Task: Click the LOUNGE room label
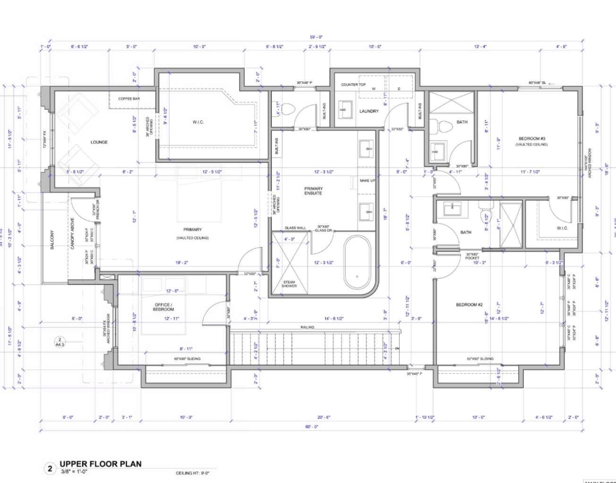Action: click(x=99, y=142)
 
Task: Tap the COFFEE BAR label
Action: click(x=129, y=99)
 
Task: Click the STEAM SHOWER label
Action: click(x=289, y=284)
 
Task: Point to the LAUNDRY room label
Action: click(x=369, y=111)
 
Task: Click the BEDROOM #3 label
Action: click(x=532, y=139)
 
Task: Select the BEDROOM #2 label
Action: click(x=469, y=305)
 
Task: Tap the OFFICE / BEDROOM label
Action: click(x=164, y=307)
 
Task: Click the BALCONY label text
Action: click(x=52, y=240)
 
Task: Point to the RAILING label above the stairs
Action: click(x=308, y=327)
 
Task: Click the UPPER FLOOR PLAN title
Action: click(x=100, y=464)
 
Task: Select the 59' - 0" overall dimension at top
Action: click(x=316, y=37)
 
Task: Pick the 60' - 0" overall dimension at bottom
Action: click(x=312, y=426)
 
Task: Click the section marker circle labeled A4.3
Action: click(x=60, y=342)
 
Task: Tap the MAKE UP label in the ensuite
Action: click(x=368, y=181)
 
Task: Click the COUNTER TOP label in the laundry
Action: click(x=353, y=85)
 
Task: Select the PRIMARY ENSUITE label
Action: click(x=313, y=191)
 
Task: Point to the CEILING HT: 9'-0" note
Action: click(x=192, y=473)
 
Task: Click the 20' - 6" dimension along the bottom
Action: click(x=324, y=417)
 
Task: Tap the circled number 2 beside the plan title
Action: click(x=50, y=469)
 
